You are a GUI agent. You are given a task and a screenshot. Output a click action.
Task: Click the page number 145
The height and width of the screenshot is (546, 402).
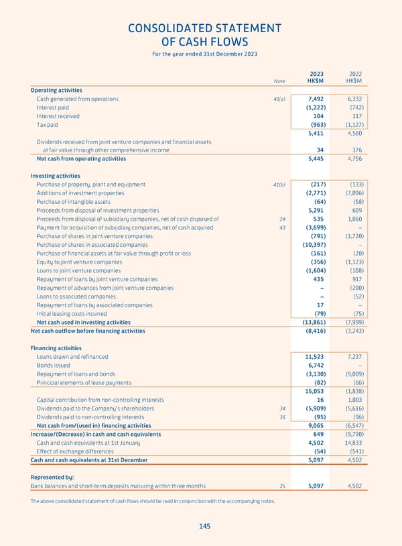click(204, 527)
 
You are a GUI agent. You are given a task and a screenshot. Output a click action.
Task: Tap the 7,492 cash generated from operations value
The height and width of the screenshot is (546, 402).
click(315, 99)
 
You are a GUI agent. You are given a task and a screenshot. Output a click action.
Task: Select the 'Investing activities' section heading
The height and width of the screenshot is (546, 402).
click(56, 175)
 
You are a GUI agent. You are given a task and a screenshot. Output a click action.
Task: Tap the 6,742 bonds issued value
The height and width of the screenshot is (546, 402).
click(315, 366)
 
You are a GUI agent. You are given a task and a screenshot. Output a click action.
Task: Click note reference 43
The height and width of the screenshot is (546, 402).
click(282, 227)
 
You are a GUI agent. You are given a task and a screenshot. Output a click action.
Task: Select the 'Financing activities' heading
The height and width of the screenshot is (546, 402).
click(56, 348)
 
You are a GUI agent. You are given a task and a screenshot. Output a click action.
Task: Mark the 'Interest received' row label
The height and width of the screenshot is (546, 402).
click(58, 116)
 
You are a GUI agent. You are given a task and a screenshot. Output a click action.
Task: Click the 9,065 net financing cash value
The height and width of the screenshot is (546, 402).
click(315, 425)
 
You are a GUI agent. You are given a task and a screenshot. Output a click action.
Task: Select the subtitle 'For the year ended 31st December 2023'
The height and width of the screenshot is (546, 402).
click(204, 54)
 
